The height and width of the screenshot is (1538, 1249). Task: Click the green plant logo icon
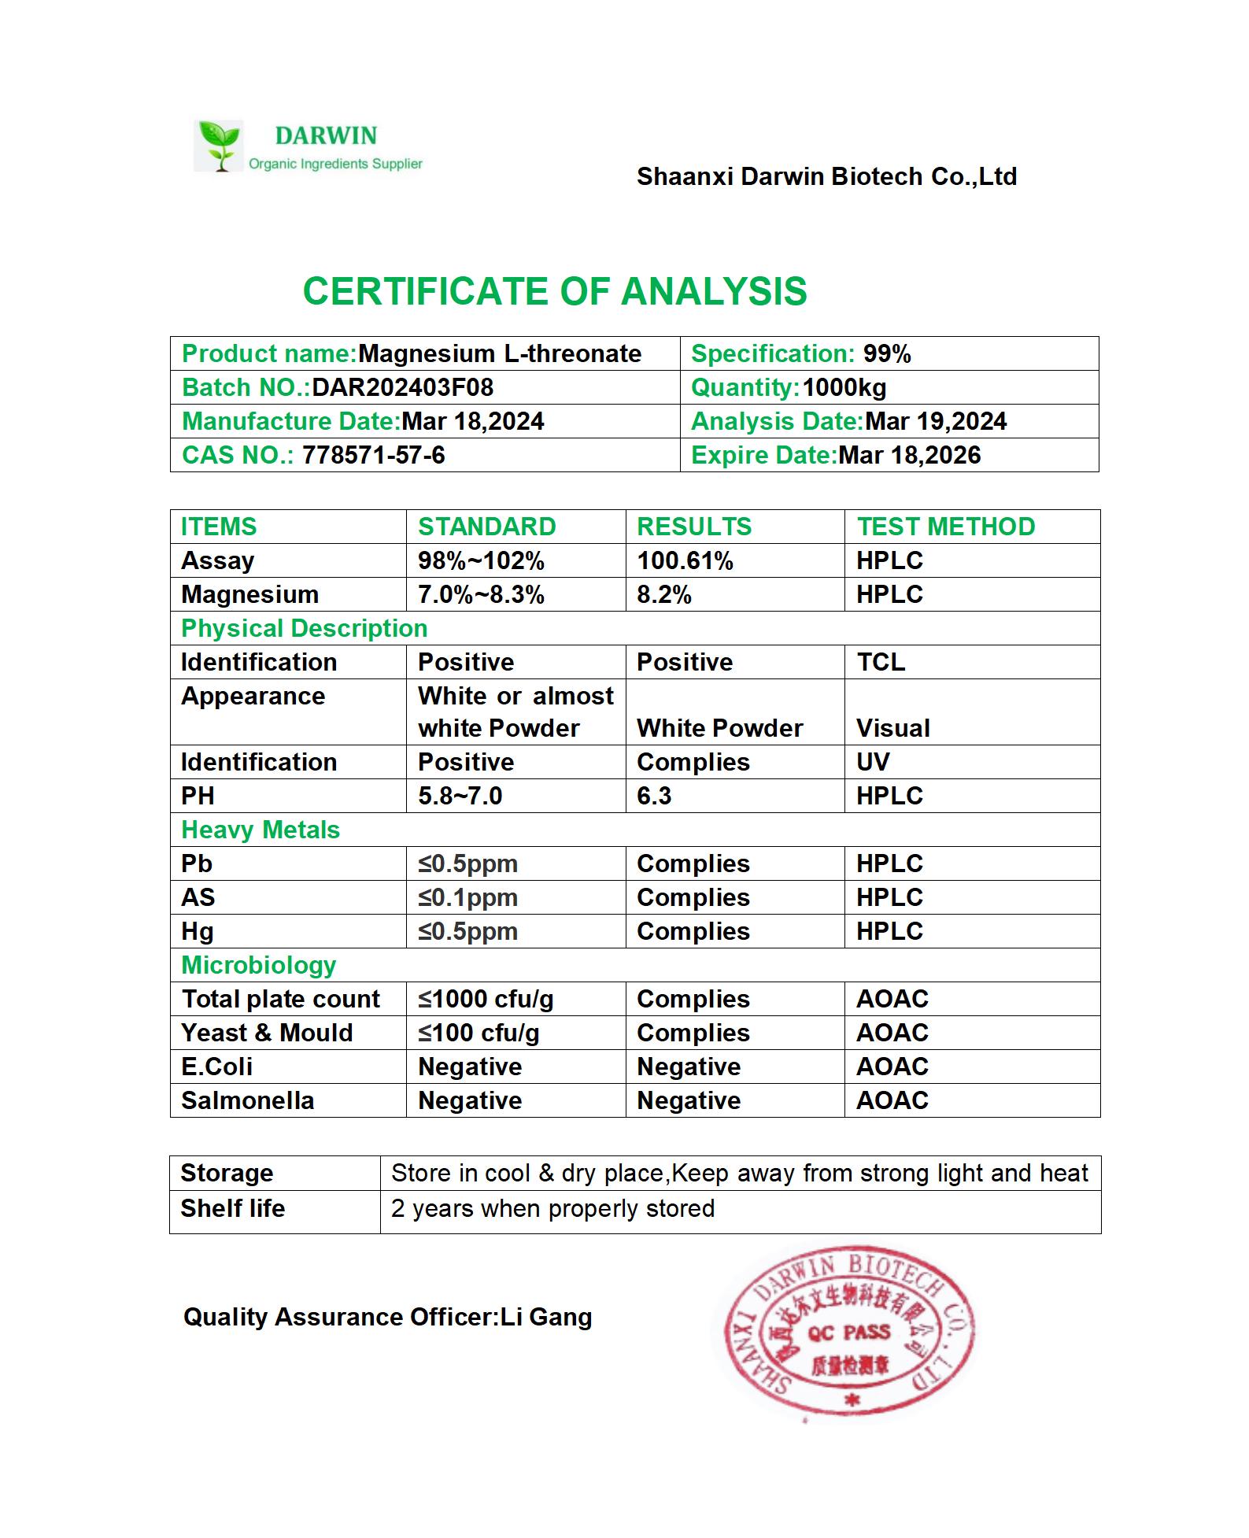[x=219, y=146]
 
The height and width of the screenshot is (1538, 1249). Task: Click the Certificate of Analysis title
[x=555, y=291]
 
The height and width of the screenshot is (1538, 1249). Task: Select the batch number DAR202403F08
[x=402, y=388]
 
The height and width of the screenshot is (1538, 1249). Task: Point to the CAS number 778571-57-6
[x=373, y=456]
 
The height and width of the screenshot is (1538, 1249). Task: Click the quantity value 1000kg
[x=844, y=388]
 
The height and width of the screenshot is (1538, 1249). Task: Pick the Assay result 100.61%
[x=685, y=561]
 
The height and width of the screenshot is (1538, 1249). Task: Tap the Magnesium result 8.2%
[x=663, y=595]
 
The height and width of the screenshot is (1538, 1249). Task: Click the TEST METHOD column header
[x=945, y=527]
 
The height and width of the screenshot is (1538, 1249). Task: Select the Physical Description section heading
[x=304, y=629]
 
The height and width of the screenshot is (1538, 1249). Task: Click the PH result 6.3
[x=654, y=797]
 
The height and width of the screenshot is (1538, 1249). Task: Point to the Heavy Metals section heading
[x=261, y=830]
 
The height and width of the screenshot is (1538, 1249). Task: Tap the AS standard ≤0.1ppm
[x=467, y=898]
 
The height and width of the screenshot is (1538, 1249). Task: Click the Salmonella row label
[x=247, y=1101]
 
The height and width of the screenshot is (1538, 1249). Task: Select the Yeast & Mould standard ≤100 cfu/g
[x=479, y=1033]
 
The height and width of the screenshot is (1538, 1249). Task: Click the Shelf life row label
[x=232, y=1209]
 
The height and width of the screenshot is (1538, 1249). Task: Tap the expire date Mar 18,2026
[x=909, y=456]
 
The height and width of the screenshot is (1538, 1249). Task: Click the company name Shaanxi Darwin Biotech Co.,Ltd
[x=826, y=177]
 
